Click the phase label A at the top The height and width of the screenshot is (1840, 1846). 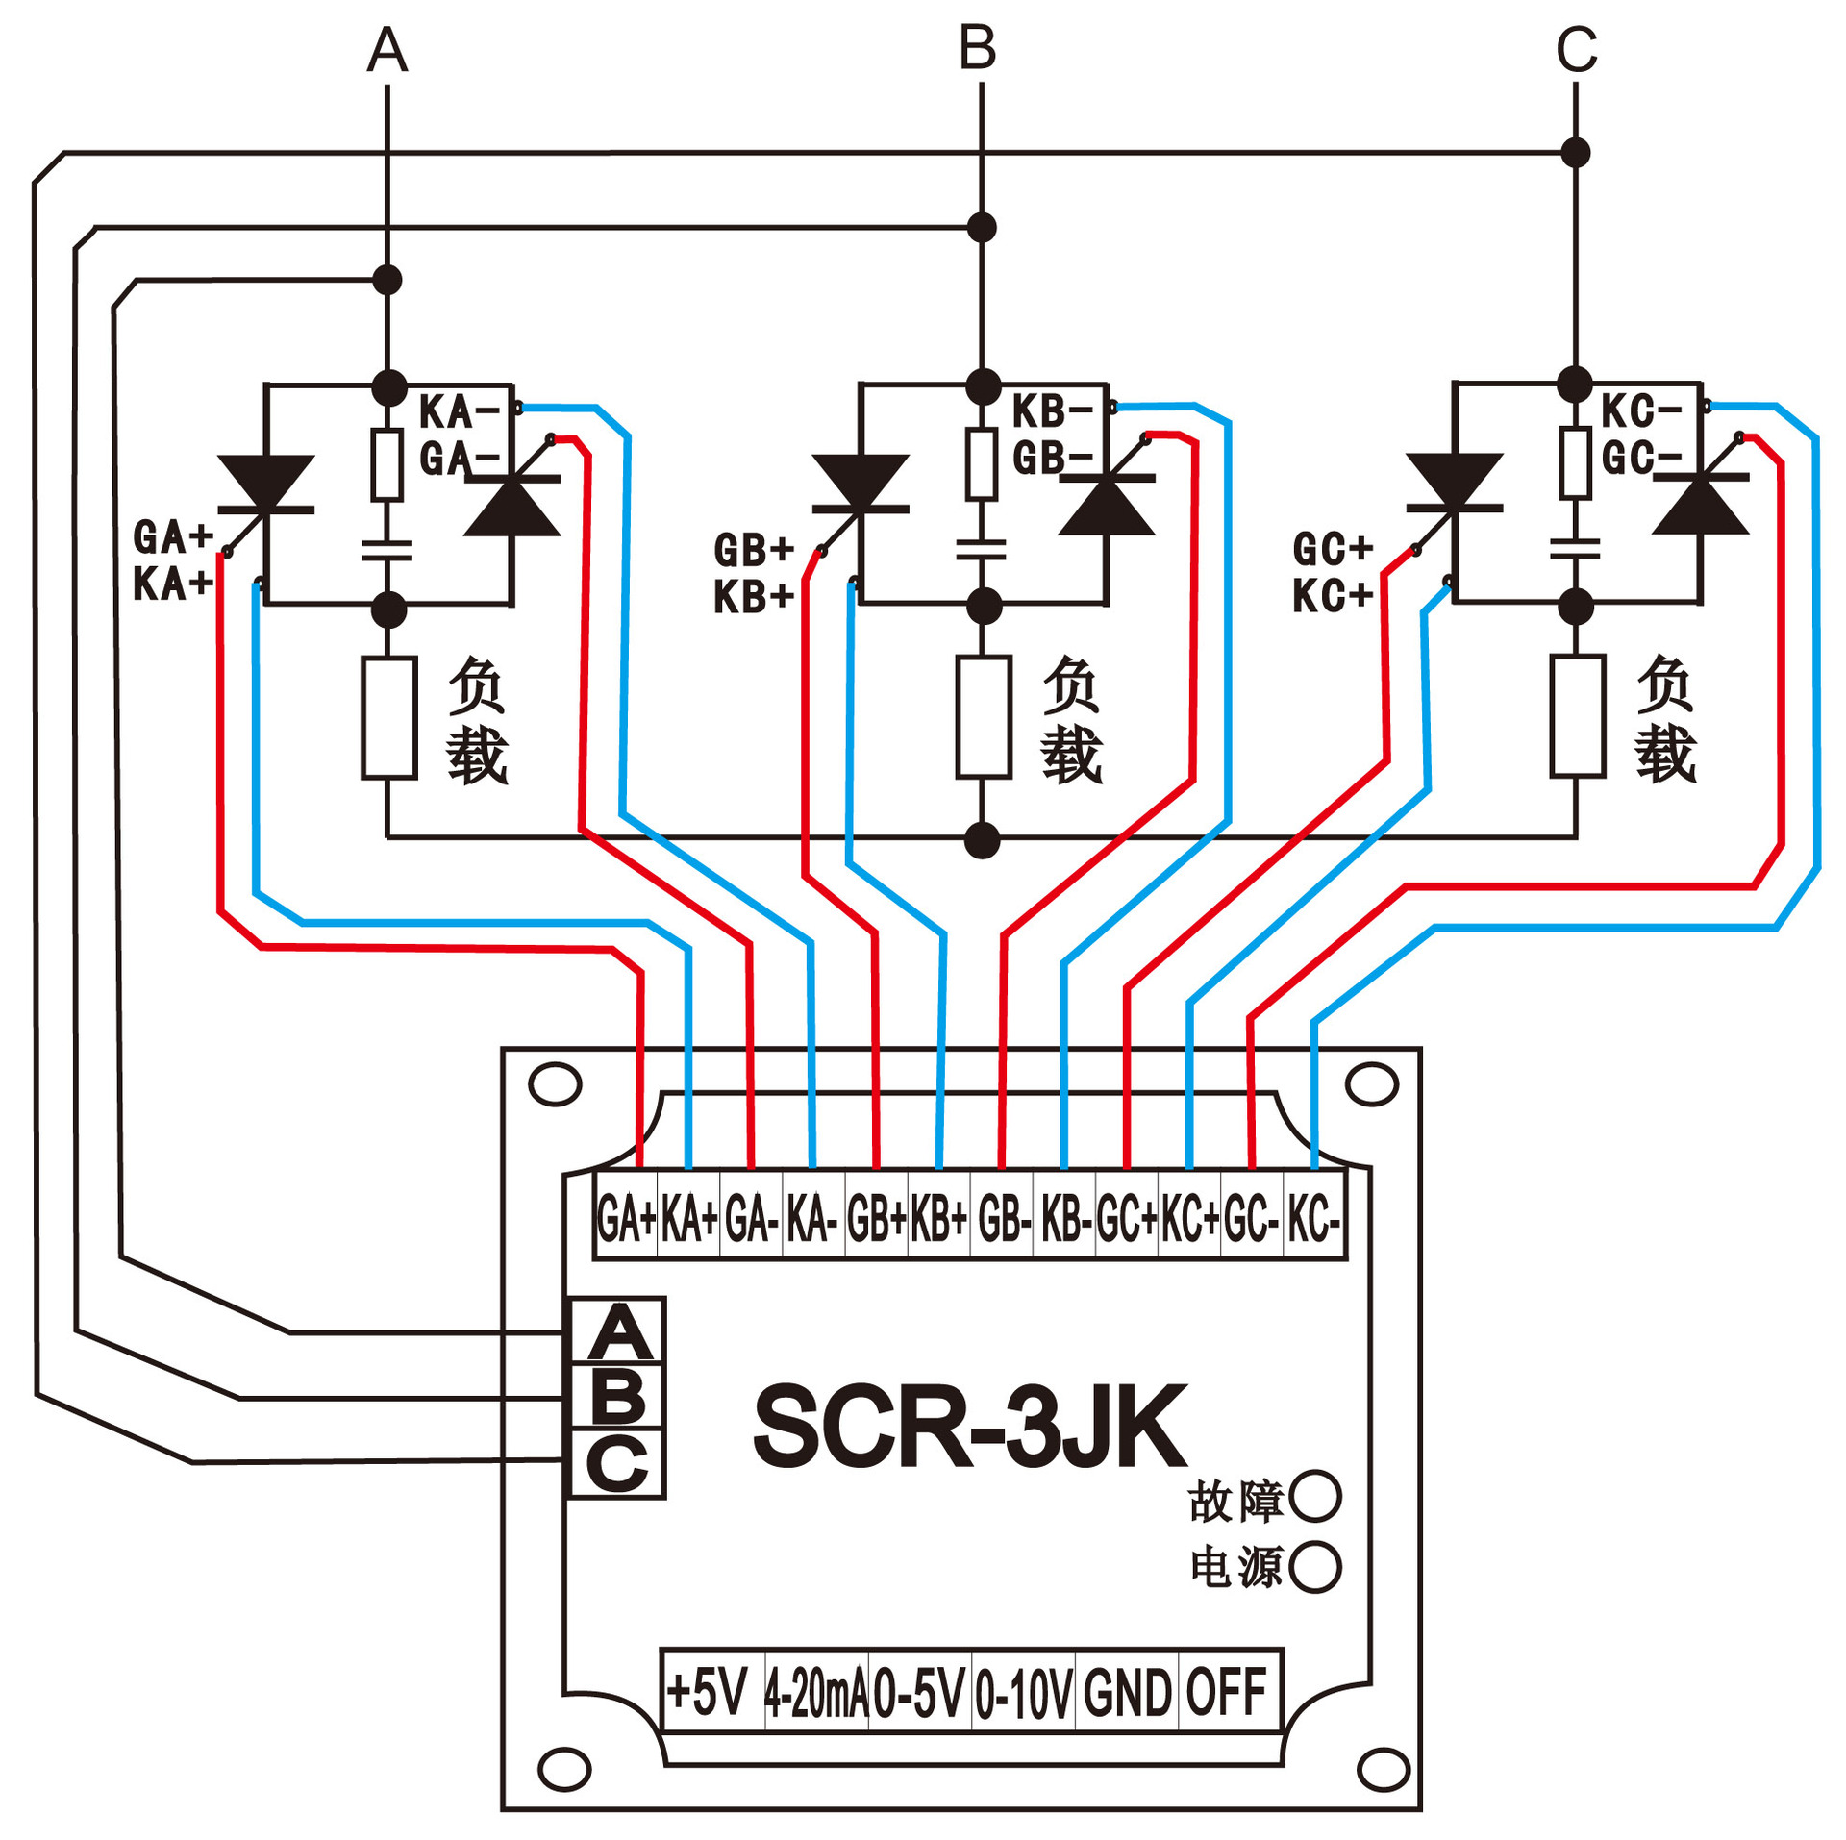[x=387, y=50]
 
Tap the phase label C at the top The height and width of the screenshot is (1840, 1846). [x=1577, y=50]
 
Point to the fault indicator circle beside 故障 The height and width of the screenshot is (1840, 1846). [x=1315, y=1497]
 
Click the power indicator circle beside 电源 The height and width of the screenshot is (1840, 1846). [x=1315, y=1567]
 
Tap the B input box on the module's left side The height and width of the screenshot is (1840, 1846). [x=617, y=1397]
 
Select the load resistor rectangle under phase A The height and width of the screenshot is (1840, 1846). [x=389, y=717]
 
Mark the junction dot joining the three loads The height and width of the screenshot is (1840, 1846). [x=982, y=840]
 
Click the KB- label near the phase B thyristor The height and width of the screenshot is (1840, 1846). [x=1052, y=411]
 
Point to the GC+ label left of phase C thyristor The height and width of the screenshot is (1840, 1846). [x=1332, y=550]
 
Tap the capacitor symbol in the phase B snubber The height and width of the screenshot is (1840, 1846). [x=982, y=550]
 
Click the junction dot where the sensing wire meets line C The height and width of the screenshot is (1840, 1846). [x=1575, y=152]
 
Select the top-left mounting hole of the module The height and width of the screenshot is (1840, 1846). [x=556, y=1084]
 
